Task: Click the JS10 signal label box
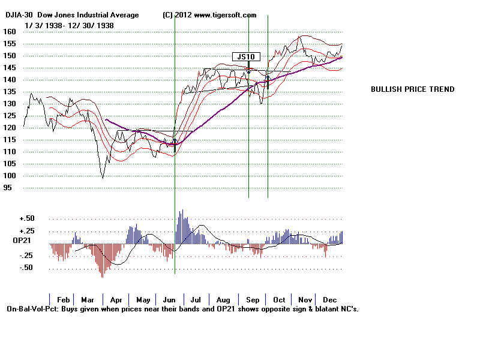245,57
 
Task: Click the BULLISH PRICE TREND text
412,89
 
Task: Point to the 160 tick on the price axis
9,32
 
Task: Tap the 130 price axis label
9,104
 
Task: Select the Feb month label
64,299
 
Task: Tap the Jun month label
169,299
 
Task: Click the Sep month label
252,299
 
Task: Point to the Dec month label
329,299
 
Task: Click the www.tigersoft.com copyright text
224,15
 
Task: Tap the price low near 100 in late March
103,178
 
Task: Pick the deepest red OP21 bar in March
102,276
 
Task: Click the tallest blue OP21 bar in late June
181,211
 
